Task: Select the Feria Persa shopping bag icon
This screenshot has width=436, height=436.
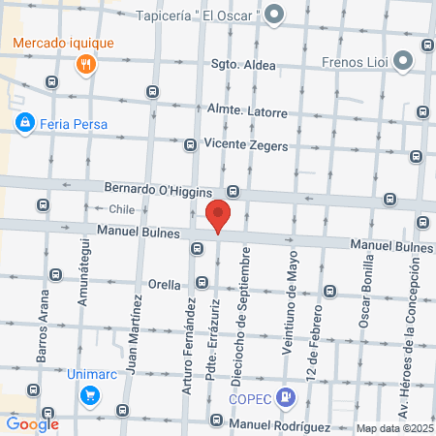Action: pos(25,123)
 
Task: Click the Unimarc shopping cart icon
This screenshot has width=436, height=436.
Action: pos(89,394)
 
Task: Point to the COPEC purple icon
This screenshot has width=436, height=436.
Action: pos(285,395)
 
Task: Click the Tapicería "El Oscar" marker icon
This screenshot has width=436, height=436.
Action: pos(274,14)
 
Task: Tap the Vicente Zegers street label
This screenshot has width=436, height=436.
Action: pos(247,144)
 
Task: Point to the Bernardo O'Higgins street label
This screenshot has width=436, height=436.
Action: pos(167,187)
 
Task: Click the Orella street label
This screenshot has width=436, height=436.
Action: pos(165,285)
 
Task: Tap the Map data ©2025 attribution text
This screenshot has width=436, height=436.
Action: pos(393,428)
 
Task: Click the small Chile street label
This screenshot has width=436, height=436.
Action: pos(121,209)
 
